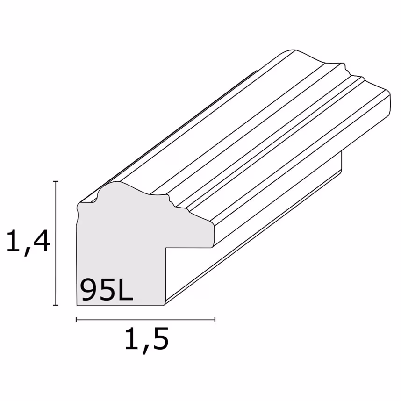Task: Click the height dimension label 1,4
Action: tap(28, 242)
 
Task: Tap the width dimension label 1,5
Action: tap(146, 340)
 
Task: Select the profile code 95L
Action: tap(107, 290)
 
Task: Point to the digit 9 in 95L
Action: tap(89, 290)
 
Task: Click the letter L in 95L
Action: tap(124, 290)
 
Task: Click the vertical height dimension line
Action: tap(56, 243)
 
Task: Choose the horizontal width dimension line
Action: tap(145, 320)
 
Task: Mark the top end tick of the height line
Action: tap(56, 181)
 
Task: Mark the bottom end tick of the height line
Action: tap(56, 305)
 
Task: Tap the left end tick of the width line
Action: tap(76, 320)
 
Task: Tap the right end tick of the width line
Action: tap(215, 320)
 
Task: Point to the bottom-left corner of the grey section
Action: tap(77, 305)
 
